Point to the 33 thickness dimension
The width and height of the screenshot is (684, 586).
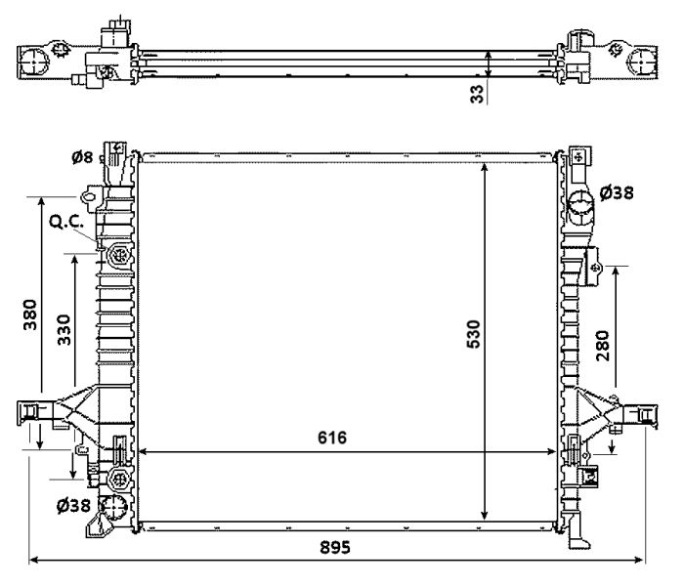(x=478, y=94)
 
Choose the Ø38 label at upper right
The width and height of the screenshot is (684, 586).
(x=616, y=192)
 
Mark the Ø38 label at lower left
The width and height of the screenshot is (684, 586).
(x=74, y=505)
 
